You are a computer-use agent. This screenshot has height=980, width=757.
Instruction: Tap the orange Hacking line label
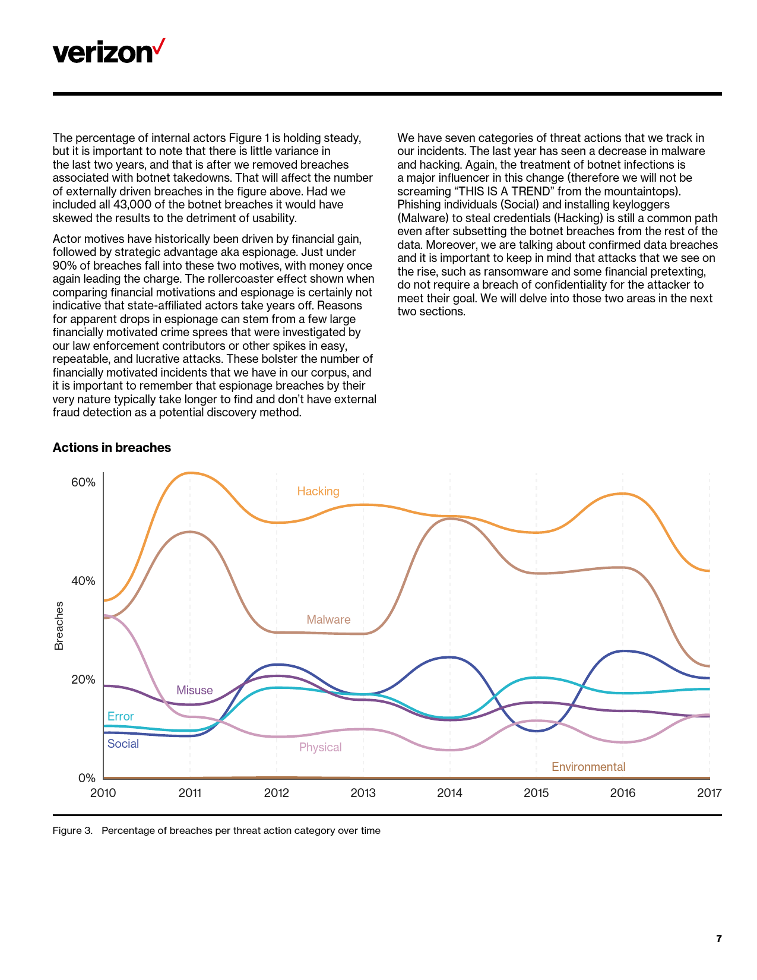(x=318, y=491)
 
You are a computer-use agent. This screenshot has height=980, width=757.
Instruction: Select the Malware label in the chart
(x=328, y=619)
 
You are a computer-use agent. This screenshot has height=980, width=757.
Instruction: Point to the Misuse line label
(x=195, y=690)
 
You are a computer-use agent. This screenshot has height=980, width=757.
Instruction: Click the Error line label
(x=121, y=716)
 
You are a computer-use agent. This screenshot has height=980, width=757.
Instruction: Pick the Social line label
(x=123, y=744)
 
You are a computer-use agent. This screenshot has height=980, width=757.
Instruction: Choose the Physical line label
(x=321, y=747)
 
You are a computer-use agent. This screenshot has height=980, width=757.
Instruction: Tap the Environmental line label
(x=588, y=767)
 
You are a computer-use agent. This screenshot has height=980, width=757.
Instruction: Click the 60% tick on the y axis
(x=83, y=482)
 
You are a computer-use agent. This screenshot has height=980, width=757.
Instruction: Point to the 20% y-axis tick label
(x=83, y=679)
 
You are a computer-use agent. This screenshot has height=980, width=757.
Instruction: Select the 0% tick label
(x=87, y=778)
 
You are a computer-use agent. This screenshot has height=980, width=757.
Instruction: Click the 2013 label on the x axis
(x=363, y=793)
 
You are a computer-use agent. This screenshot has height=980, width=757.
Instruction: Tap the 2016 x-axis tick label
(x=623, y=793)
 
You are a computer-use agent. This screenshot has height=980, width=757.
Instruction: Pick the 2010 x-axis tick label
(x=103, y=793)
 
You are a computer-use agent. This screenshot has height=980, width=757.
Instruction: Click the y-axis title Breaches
(x=59, y=625)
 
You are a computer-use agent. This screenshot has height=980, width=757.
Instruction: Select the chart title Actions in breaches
(x=112, y=448)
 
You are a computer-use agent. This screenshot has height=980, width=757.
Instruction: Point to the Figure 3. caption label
(x=72, y=830)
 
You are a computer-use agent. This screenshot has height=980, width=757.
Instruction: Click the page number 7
(x=719, y=938)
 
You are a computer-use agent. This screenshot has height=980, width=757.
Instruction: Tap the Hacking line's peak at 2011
(x=189, y=473)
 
